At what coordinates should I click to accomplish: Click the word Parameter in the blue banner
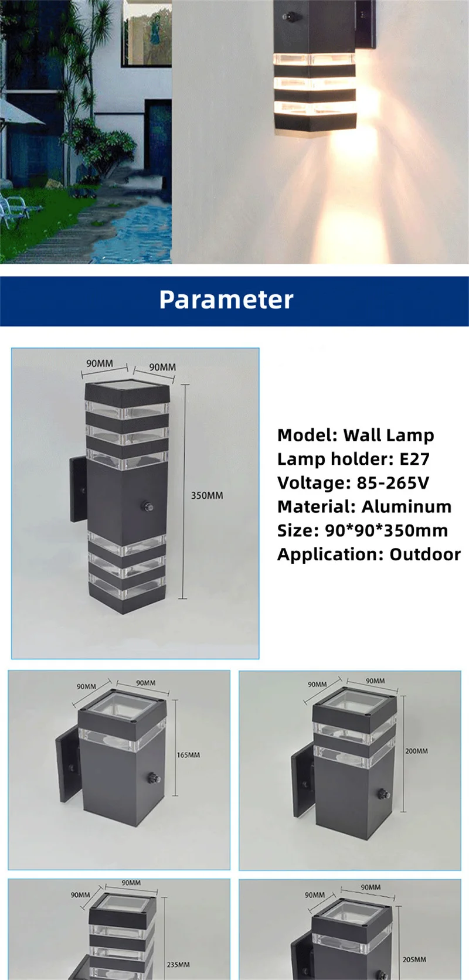tap(226, 300)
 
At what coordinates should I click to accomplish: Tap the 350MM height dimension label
tap(207, 496)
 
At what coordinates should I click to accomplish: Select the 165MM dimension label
tap(189, 755)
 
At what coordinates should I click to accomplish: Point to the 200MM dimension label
tap(416, 751)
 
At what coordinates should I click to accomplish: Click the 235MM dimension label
tap(178, 965)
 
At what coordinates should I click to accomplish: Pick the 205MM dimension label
tap(414, 959)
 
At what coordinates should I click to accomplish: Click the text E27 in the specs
tap(414, 459)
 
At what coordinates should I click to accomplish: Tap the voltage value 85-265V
tap(393, 483)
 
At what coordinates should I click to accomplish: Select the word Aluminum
tap(407, 506)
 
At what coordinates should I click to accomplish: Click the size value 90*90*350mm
tap(386, 530)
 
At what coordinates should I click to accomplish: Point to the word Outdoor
tap(425, 554)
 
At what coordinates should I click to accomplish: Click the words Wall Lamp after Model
tap(389, 435)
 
